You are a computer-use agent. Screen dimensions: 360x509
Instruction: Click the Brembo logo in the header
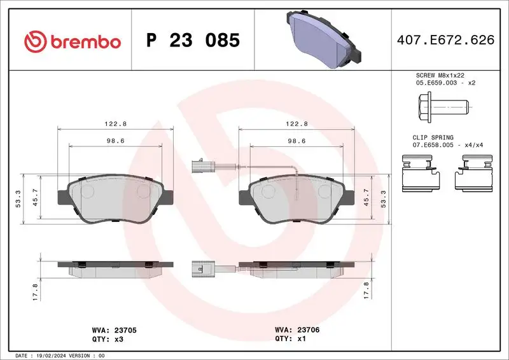72,41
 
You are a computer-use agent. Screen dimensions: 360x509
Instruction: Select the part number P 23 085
193,41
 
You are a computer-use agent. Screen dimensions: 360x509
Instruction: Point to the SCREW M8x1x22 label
436,75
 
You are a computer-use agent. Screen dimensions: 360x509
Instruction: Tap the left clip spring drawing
422,175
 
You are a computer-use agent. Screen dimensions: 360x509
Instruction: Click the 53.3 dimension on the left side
18,199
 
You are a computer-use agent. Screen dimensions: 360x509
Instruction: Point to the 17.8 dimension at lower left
36,292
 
